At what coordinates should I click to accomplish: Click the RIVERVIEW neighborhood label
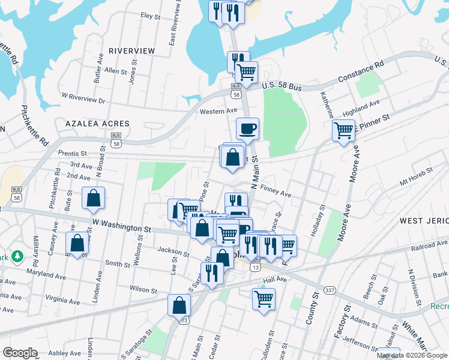(x=132, y=51)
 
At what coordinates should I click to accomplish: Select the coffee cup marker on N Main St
(x=247, y=128)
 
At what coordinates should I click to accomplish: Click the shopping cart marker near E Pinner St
(x=343, y=130)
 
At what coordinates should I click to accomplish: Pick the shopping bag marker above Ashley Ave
(x=179, y=305)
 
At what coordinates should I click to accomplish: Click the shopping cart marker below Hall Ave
(x=264, y=298)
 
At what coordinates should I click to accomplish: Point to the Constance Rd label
(x=360, y=71)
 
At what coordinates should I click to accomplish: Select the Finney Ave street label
(x=276, y=190)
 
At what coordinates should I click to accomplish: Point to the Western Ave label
(x=218, y=111)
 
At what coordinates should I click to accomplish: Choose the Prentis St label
(x=73, y=153)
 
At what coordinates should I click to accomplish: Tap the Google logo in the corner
(x=20, y=353)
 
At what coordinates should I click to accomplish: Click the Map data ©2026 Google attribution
(x=412, y=355)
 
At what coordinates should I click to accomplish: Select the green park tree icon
(x=19, y=256)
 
